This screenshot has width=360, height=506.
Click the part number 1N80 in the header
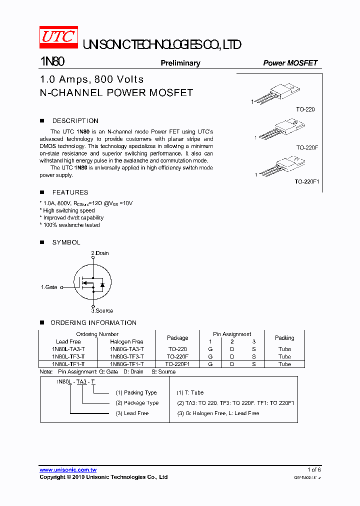(x=52, y=62)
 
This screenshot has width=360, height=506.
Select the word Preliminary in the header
(x=180, y=63)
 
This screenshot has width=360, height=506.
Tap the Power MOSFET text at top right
(x=290, y=63)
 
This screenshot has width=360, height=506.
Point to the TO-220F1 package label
(x=306, y=182)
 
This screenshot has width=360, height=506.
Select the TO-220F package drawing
(x=280, y=129)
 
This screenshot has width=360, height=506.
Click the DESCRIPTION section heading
(x=75, y=121)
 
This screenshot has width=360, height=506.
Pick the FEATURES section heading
(x=70, y=192)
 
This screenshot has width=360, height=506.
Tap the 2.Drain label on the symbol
(x=99, y=253)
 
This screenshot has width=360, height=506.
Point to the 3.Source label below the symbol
(x=102, y=310)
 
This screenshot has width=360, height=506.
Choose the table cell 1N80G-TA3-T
(x=127, y=349)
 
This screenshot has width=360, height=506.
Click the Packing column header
(x=284, y=338)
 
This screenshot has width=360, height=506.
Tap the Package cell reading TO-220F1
(x=177, y=364)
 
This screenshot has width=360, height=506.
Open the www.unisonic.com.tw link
(x=68, y=470)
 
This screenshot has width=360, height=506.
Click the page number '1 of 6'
(x=313, y=469)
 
